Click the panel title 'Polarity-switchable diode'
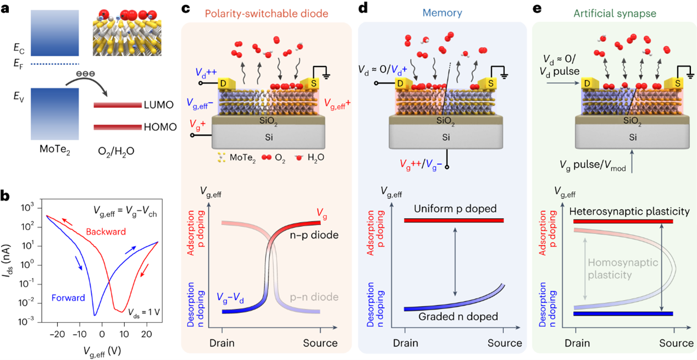click(x=267, y=14)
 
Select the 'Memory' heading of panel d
click(x=442, y=13)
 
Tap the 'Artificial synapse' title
click(x=615, y=14)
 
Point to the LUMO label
click(x=159, y=105)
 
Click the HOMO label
click(x=161, y=127)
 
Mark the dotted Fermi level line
click(x=55, y=64)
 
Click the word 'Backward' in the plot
click(x=106, y=232)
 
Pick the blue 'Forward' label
click(x=68, y=298)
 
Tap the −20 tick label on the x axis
click(x=57, y=335)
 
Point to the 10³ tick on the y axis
click(x=27, y=208)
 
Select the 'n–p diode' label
click(x=314, y=235)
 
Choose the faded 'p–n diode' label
click(x=314, y=297)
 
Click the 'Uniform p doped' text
click(x=455, y=208)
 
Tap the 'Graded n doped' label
click(x=458, y=317)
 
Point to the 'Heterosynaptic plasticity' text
click(x=629, y=212)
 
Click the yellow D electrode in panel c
click(x=226, y=83)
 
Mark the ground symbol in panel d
click(x=500, y=72)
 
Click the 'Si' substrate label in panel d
click(x=446, y=137)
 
